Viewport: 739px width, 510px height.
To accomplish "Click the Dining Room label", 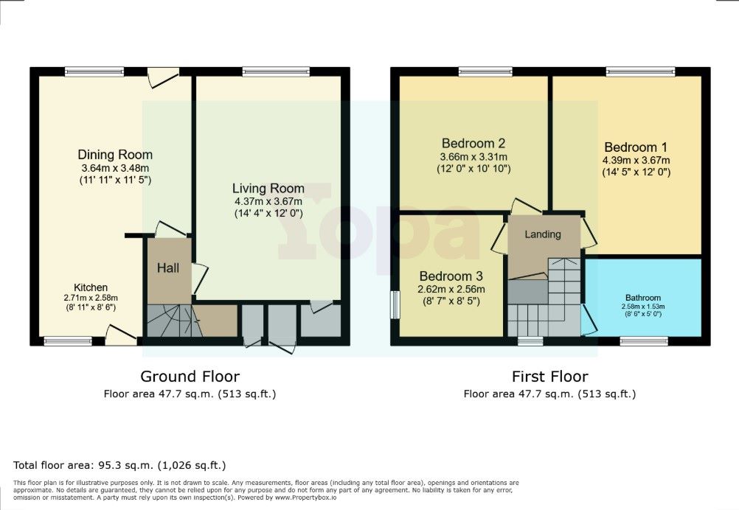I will [x=115, y=155].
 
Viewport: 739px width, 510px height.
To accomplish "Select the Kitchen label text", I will [x=91, y=287].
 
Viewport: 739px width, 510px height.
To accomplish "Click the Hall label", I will [x=168, y=268].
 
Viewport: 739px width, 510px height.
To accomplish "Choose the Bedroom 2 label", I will [x=473, y=143].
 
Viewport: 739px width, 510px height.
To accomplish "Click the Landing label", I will [x=543, y=234].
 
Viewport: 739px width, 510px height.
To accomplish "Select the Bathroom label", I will [x=644, y=298].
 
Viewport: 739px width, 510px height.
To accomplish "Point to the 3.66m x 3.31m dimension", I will [x=473, y=156].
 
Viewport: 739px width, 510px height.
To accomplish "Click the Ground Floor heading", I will [x=190, y=377].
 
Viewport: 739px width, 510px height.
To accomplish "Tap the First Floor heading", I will [x=549, y=377].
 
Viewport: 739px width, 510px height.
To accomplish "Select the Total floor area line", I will [x=119, y=465].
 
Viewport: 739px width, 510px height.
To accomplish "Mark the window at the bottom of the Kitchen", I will [x=68, y=341].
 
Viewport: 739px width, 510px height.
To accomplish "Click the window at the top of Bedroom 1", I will [x=640, y=71].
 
